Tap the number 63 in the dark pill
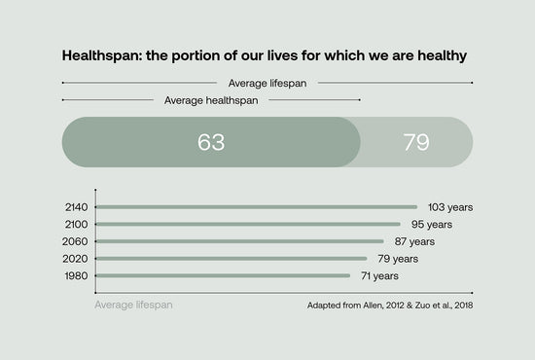pos(211,142)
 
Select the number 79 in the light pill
pos(416,142)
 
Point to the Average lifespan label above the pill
pos(267,84)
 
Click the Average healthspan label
pos(211,99)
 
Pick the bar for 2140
pos(257,207)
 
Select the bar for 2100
pos(248,224)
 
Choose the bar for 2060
pos(240,241)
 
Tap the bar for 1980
pos(224,275)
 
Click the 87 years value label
pos(413,241)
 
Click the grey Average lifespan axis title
pos(135,306)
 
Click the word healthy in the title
pos(438,55)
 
